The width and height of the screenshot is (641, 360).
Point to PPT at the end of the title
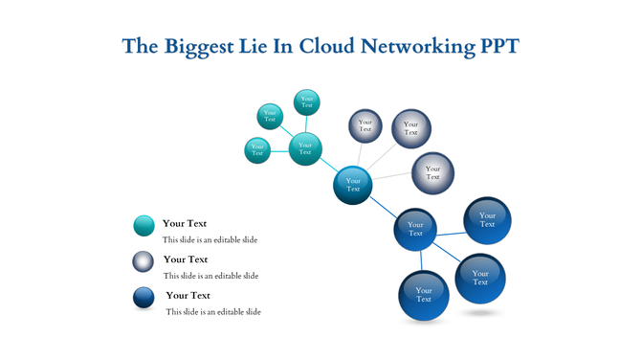[x=497, y=46]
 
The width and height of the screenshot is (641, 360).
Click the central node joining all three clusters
[x=353, y=185]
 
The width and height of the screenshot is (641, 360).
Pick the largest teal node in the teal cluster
[x=305, y=148]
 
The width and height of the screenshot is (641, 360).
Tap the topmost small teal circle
[x=306, y=101]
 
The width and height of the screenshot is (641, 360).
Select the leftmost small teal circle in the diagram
[x=256, y=150]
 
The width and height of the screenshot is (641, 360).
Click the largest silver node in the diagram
[x=411, y=128]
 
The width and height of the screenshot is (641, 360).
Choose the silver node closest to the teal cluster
[x=365, y=125]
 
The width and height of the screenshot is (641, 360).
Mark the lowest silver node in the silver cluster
[x=432, y=173]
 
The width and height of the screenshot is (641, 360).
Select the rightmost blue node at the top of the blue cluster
[x=487, y=221]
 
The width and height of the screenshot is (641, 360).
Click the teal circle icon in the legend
[x=144, y=226]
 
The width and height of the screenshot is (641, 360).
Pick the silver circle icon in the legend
[x=144, y=261]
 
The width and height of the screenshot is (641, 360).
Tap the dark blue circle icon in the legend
[x=144, y=298]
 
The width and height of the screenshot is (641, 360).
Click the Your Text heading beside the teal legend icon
[x=185, y=223]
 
